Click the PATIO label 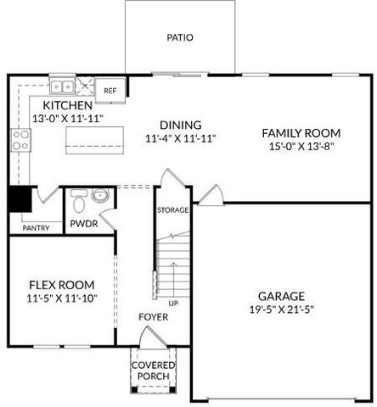(179, 38)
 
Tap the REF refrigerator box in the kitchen (110, 90)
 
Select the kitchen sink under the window (61, 86)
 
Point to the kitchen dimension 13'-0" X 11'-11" (67, 119)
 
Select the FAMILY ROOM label (301, 133)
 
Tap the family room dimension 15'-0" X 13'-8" (301, 147)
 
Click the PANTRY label (35, 227)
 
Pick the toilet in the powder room (79, 203)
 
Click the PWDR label (84, 224)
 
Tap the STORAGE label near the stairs (172, 209)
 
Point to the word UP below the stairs (173, 303)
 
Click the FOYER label (154, 317)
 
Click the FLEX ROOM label (61, 284)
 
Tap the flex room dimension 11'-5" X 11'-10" (61, 298)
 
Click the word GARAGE (282, 296)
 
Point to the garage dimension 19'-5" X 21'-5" (282, 309)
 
